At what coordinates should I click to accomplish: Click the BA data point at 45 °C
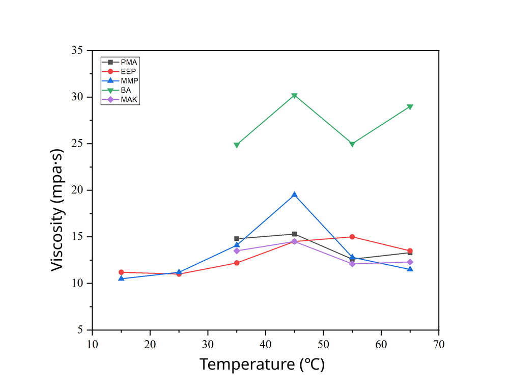(x=294, y=96)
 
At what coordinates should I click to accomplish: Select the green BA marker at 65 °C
(x=410, y=107)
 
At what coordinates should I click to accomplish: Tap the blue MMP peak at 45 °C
(x=294, y=194)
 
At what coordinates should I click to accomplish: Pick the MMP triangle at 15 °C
(x=121, y=278)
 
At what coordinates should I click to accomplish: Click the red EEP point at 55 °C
(x=352, y=237)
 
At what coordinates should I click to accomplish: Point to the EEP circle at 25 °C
(x=179, y=274)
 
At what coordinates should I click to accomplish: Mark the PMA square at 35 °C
(x=237, y=238)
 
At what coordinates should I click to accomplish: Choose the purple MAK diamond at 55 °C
(x=352, y=264)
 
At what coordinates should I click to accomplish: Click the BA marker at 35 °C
(x=237, y=145)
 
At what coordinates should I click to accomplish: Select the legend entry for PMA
(x=120, y=62)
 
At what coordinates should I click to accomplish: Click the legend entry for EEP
(x=120, y=71)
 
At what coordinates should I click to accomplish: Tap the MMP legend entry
(x=120, y=80)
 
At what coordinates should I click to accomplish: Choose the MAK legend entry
(x=120, y=99)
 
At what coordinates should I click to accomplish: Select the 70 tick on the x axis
(x=439, y=345)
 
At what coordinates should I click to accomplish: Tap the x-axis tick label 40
(x=265, y=345)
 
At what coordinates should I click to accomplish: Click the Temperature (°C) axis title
(x=262, y=365)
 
